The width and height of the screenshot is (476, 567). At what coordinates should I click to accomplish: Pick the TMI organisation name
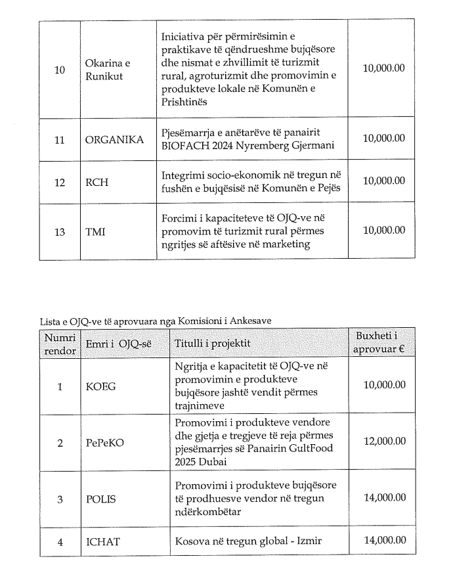[96, 231]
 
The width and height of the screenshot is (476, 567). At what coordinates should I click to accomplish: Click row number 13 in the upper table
[60, 231]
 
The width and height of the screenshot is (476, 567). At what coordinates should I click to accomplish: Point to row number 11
[60, 139]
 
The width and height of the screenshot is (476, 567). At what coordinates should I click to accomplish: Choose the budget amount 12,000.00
[384, 443]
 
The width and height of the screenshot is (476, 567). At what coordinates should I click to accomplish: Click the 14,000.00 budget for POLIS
[384, 498]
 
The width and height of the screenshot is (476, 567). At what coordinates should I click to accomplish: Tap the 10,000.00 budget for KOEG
[384, 385]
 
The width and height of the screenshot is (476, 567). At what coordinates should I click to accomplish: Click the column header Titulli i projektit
[213, 344]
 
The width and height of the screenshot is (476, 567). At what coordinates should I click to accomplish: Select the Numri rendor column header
[60, 343]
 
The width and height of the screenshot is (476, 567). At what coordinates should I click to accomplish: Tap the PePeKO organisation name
[104, 443]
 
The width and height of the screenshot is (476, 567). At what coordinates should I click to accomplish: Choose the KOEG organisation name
[100, 386]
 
